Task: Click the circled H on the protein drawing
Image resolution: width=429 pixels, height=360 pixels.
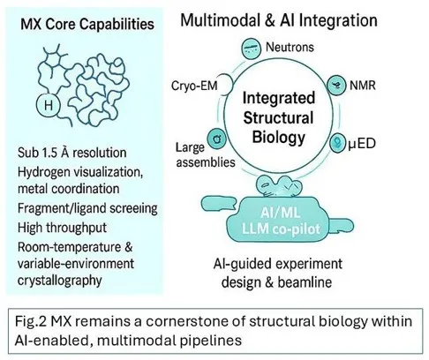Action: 49,105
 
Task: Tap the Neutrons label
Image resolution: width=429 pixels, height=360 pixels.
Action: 290,47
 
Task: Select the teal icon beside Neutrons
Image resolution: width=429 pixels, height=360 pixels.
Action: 251,49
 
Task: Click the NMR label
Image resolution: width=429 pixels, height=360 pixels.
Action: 363,86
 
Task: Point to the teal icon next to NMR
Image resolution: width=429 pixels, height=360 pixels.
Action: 336,86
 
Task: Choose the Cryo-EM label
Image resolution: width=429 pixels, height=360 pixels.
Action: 194,86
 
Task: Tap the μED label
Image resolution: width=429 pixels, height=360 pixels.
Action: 362,144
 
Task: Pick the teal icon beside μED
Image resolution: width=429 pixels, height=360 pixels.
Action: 337,143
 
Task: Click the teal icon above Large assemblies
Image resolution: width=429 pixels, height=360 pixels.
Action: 217,139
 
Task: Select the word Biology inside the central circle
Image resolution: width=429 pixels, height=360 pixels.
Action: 279,137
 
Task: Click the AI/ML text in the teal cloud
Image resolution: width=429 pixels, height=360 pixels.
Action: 281,212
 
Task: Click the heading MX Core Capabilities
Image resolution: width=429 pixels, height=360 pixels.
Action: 87,24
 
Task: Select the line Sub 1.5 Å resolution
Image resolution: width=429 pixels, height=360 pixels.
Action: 72,153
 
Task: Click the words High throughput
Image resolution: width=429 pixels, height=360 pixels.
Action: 62,228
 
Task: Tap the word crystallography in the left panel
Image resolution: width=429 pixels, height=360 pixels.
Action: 60,281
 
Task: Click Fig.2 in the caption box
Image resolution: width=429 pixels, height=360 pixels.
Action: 31,321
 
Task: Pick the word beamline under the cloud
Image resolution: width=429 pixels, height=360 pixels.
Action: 305,282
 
